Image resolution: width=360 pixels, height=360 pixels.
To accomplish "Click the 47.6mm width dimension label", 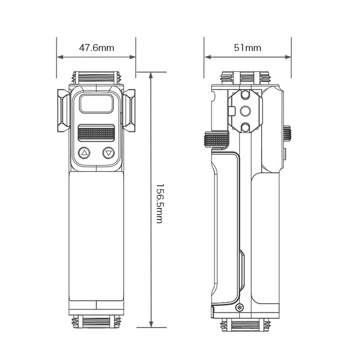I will pyautogui.click(x=96, y=48).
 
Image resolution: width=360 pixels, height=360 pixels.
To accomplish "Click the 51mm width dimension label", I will pyautogui.click(x=247, y=48).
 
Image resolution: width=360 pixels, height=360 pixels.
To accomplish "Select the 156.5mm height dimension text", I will pyautogui.click(x=159, y=203).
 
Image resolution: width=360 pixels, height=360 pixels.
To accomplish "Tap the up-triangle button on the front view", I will pyautogui.click(x=84, y=153).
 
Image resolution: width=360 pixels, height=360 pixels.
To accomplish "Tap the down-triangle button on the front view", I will pyautogui.click(x=108, y=153).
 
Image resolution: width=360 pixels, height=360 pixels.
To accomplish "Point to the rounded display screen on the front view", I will pyautogui.click(x=96, y=104).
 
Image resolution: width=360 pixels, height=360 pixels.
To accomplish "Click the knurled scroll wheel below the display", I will pyautogui.click(x=96, y=133).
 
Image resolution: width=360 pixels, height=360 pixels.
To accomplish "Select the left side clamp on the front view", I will pyautogui.click(x=63, y=110).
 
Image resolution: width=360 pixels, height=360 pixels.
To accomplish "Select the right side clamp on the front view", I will pyautogui.click(x=129, y=110).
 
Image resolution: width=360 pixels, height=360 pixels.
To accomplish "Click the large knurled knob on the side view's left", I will pyautogui.click(x=216, y=139).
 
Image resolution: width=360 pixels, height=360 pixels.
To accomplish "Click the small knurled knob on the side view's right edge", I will pyautogui.click(x=287, y=133).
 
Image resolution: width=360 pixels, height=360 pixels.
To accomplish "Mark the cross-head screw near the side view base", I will pyautogui.click(x=239, y=307).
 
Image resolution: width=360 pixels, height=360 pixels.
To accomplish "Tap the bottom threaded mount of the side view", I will pyautogui.click(x=245, y=325).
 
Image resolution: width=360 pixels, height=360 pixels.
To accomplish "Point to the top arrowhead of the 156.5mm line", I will pyautogui.click(x=151, y=75).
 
